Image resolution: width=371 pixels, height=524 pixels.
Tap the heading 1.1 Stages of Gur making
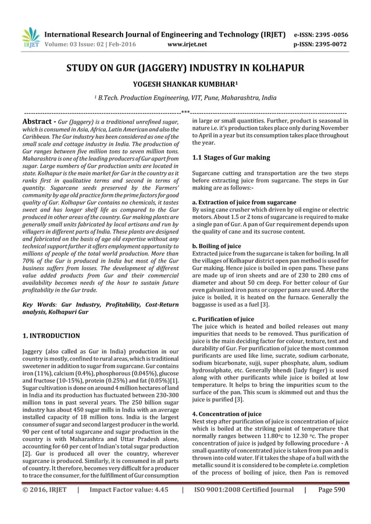[231, 157]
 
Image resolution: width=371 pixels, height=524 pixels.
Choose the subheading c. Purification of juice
[223, 319]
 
